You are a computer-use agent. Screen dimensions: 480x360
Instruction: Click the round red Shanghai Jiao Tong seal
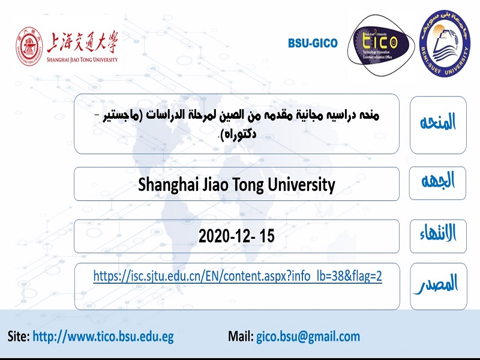(29, 46)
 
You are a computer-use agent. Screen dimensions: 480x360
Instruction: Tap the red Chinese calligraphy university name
(82, 41)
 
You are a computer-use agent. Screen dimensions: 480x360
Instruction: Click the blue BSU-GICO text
(313, 43)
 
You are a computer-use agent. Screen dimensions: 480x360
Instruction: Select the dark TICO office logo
(380, 46)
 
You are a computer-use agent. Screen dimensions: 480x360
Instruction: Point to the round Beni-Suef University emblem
(445, 43)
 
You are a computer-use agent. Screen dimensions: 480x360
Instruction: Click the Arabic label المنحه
(438, 122)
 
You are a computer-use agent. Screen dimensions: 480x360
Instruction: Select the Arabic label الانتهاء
(438, 233)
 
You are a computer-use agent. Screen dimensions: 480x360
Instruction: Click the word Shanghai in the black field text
(167, 185)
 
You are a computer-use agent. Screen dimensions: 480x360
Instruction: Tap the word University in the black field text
(302, 185)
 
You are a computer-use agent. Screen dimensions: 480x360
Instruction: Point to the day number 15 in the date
(267, 236)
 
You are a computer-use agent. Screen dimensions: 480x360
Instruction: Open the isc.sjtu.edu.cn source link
(238, 276)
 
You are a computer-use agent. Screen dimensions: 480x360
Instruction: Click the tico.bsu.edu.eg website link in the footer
(103, 337)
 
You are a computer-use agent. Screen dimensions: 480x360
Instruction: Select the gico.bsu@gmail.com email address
(308, 337)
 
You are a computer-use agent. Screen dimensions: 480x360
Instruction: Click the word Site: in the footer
(19, 336)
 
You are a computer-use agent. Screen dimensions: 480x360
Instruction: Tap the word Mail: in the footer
(241, 336)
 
